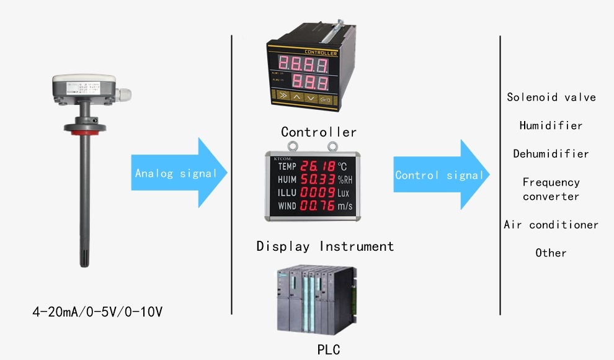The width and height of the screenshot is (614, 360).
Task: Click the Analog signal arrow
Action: click(x=177, y=173)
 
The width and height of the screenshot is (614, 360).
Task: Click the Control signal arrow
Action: click(x=439, y=175)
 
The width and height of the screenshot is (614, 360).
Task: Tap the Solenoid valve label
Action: click(x=551, y=97)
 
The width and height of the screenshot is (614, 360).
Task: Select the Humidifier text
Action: click(x=551, y=125)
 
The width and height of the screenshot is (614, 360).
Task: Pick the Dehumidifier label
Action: click(x=551, y=154)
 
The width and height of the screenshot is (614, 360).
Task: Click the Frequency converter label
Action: click(x=551, y=189)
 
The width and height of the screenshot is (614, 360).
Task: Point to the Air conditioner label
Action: click(x=551, y=225)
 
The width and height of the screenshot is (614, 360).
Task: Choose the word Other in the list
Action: click(x=551, y=253)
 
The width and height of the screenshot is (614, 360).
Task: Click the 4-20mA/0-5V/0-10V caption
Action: click(x=97, y=312)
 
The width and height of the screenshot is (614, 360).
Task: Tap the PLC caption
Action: click(x=328, y=349)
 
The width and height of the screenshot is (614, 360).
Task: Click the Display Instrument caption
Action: click(x=325, y=246)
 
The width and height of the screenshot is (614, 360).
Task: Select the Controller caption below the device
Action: click(x=319, y=132)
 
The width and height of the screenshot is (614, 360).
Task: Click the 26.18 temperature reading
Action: click(x=318, y=166)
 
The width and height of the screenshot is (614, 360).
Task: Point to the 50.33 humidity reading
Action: click(x=318, y=180)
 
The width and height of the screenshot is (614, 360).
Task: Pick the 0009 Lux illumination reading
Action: click(x=318, y=193)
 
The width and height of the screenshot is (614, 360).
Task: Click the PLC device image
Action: click(x=316, y=300)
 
